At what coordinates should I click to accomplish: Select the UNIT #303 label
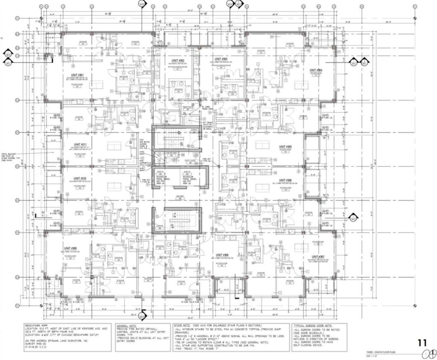218,59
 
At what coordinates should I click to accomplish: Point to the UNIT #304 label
316,70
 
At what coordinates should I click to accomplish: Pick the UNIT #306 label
286,180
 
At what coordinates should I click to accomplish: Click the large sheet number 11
422,342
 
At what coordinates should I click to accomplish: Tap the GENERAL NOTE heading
127,325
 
